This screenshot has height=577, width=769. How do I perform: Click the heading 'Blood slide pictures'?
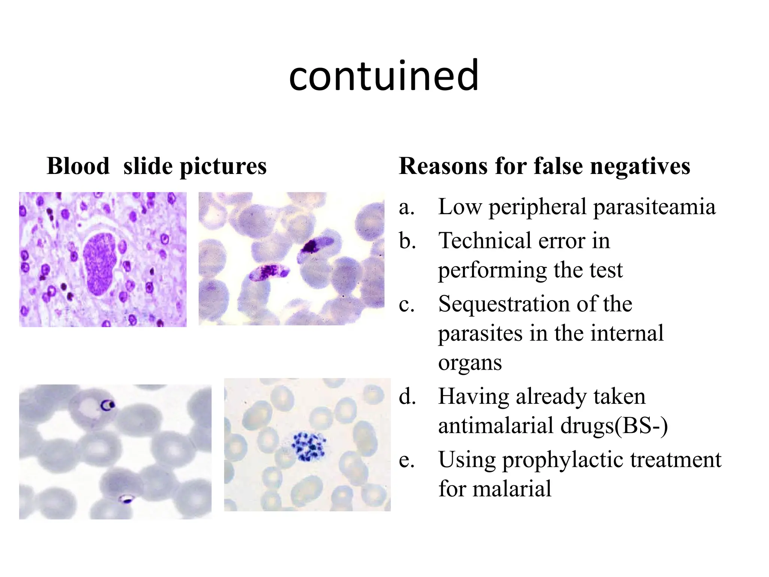coord(156,166)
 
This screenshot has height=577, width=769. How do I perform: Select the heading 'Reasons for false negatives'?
coord(544,166)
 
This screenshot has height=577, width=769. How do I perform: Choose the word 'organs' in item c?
coord(470,363)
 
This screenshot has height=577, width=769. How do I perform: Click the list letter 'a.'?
coord(407,207)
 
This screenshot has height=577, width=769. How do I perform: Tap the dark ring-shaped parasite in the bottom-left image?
coord(108,405)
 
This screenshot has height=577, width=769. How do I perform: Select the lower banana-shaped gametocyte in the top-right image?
coord(268,272)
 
